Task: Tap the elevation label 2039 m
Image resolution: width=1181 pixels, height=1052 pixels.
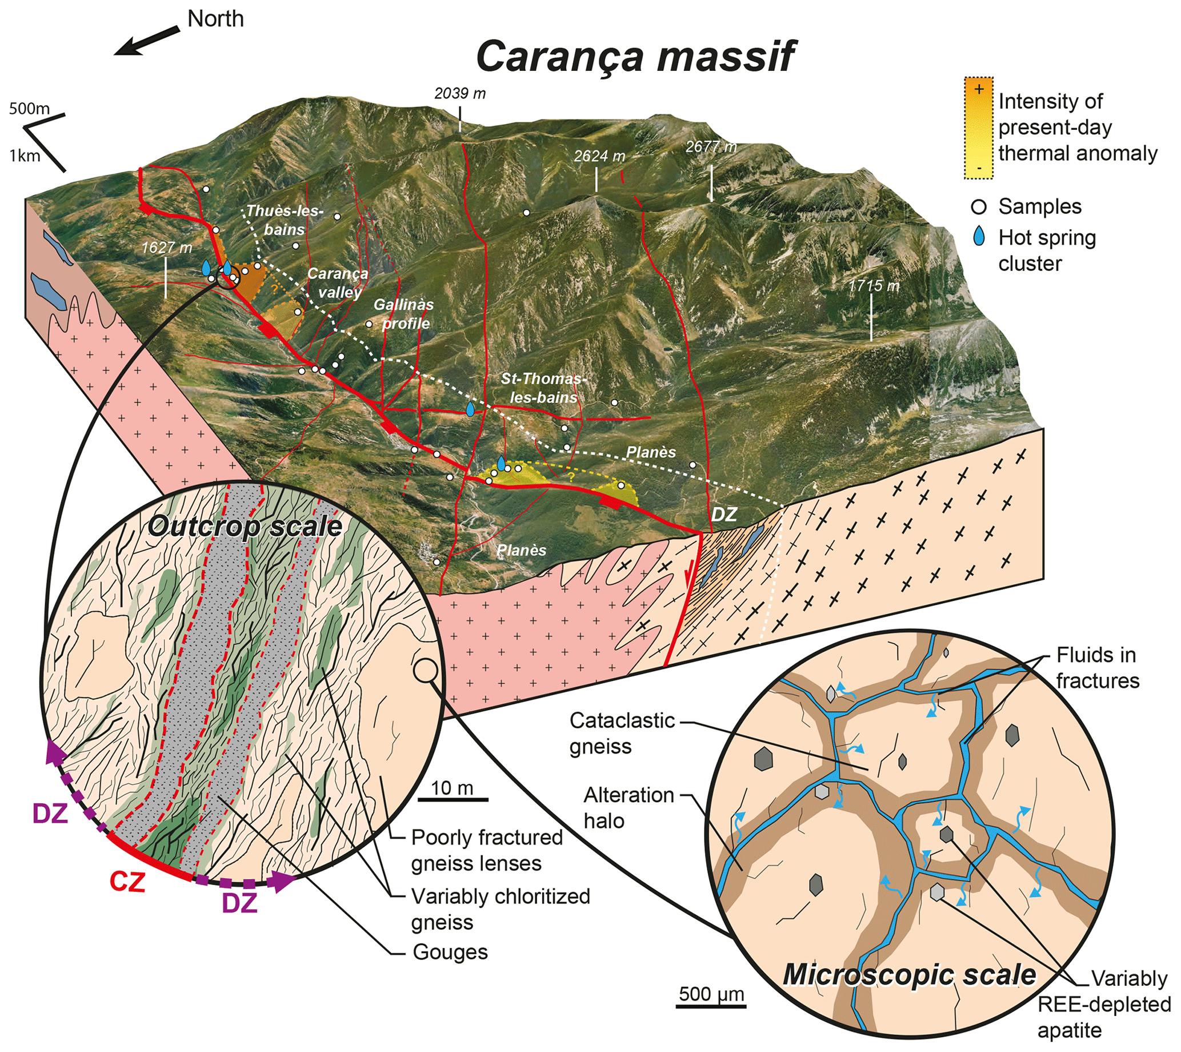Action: [x=460, y=93]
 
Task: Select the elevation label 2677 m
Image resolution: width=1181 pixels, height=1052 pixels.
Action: [x=711, y=147]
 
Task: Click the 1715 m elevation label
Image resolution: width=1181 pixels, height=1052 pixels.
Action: [x=874, y=285]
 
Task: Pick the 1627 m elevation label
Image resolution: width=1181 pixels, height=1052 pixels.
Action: [x=167, y=248]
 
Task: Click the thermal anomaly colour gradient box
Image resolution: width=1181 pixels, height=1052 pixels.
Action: [x=978, y=127]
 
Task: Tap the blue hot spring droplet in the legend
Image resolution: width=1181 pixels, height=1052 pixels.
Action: [x=979, y=236]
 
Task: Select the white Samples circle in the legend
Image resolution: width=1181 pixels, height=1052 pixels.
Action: [x=979, y=207]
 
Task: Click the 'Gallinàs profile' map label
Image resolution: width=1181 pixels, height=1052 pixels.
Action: [x=404, y=313]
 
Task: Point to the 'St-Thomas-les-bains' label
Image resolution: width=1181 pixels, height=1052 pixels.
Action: [x=544, y=388]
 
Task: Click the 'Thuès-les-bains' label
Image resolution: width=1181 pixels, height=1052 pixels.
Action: [x=285, y=220]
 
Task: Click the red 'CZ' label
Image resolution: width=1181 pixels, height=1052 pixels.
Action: [x=127, y=882]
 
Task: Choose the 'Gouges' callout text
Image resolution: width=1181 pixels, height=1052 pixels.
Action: [x=450, y=952]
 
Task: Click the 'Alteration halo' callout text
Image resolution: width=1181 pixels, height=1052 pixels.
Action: [x=628, y=807]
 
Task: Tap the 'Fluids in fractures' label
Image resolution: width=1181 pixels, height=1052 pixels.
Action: [x=1097, y=668]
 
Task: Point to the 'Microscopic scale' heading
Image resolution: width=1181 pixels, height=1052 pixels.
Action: [x=909, y=975]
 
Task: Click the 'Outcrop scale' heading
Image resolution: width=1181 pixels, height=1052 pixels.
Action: [x=245, y=526]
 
